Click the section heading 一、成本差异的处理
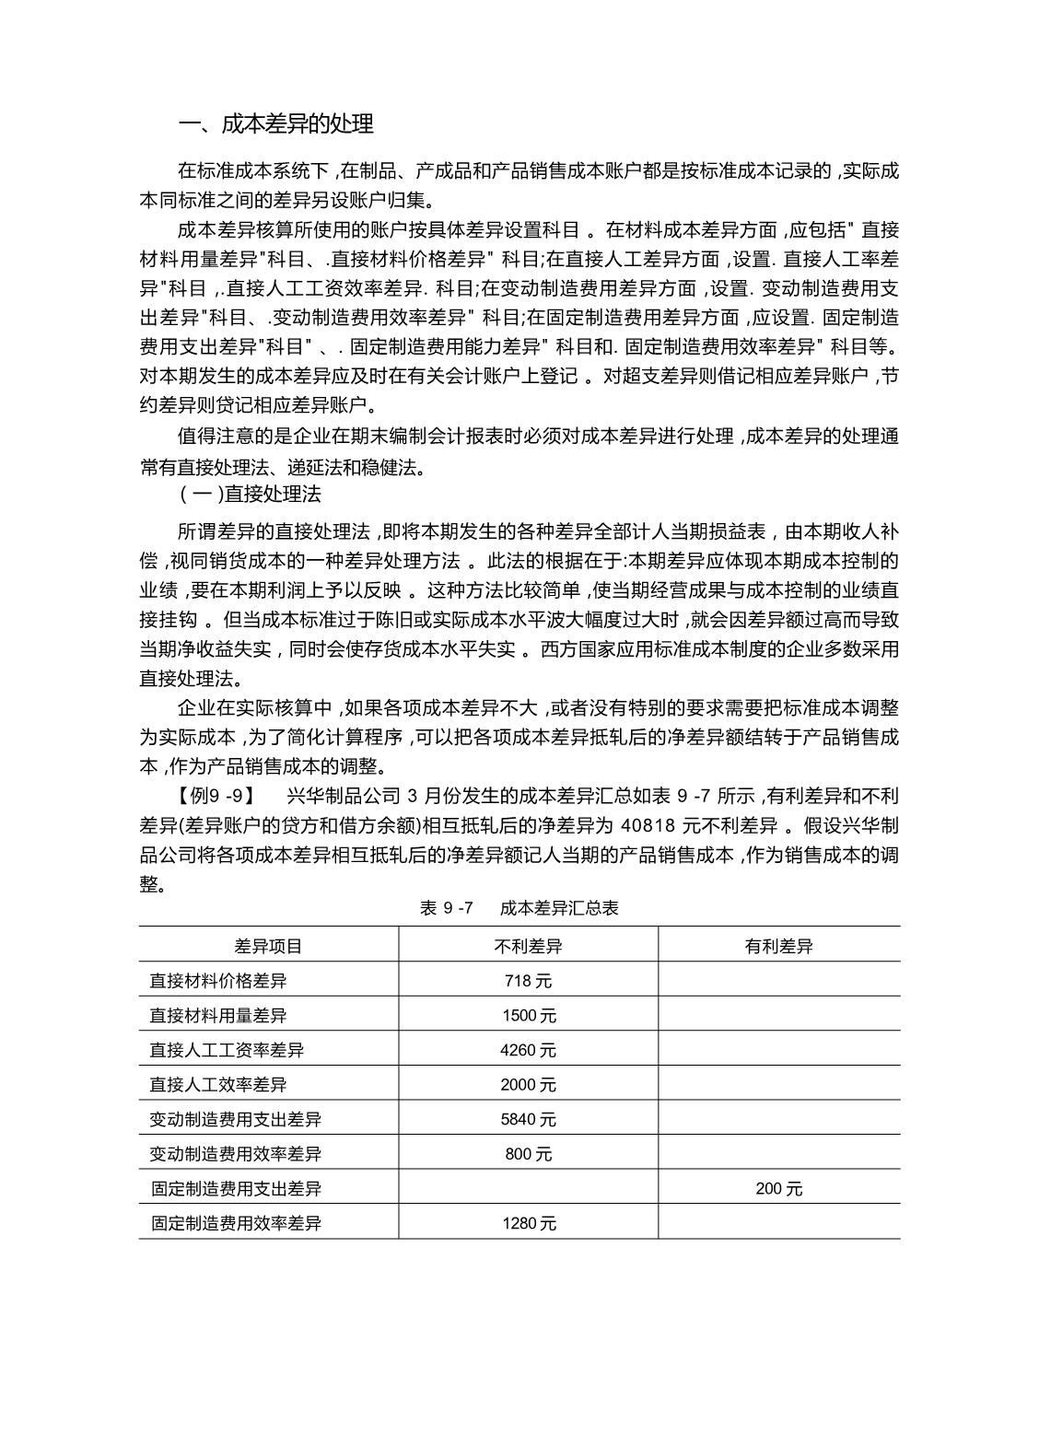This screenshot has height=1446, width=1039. click(x=275, y=123)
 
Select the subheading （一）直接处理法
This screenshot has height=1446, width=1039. click(x=250, y=494)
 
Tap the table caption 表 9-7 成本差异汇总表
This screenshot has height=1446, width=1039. click(x=519, y=908)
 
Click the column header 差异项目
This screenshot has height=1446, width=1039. click(x=268, y=946)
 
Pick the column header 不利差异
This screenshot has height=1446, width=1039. click(x=528, y=946)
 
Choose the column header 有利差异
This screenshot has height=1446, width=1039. click(x=778, y=946)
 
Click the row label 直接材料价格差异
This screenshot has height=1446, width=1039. click(x=217, y=981)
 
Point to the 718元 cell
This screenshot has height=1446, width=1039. click(x=528, y=981)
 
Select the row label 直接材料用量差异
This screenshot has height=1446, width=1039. click(x=217, y=1016)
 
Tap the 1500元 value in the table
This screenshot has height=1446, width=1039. click(x=529, y=1016)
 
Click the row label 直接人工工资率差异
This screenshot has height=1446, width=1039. click(x=227, y=1050)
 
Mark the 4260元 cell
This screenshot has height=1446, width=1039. click(x=529, y=1050)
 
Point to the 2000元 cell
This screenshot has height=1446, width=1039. click(x=529, y=1085)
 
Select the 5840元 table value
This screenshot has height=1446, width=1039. click(x=529, y=1120)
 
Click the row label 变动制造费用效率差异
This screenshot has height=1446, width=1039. click(x=235, y=1154)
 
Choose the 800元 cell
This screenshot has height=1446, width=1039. click(x=529, y=1154)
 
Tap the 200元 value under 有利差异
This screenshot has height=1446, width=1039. click(x=778, y=1189)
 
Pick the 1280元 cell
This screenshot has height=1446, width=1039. click(x=529, y=1224)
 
